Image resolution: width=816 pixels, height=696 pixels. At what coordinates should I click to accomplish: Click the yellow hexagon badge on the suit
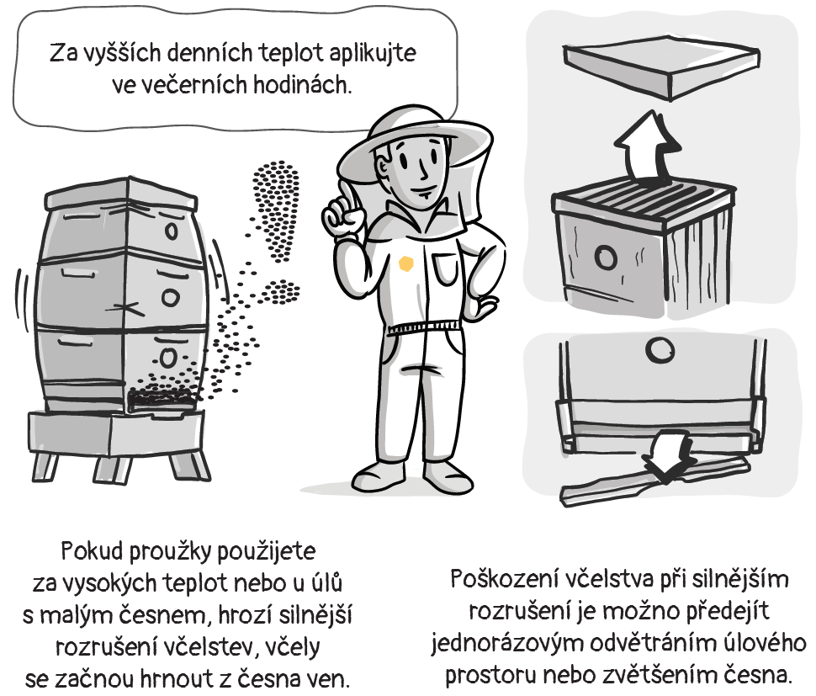point(406,264)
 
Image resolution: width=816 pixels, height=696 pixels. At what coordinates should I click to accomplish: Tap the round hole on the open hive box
point(606,257)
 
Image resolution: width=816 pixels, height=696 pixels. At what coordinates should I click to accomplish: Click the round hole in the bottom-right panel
point(660,350)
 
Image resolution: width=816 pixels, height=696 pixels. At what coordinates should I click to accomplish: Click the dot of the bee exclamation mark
point(282,292)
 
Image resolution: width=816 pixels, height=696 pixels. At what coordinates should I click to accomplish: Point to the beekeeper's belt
point(425,327)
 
